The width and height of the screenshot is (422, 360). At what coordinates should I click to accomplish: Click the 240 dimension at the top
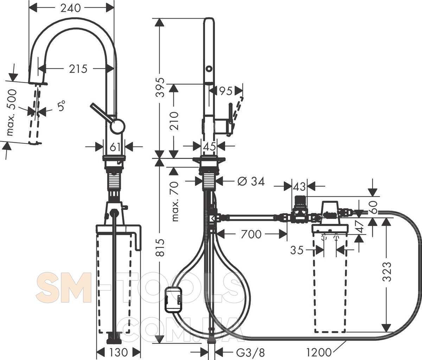click(70, 8)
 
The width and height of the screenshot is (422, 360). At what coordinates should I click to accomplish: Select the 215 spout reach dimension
click(78, 69)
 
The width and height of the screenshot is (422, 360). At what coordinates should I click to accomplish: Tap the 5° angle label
click(61, 106)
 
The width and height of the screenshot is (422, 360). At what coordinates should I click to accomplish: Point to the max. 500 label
click(12, 112)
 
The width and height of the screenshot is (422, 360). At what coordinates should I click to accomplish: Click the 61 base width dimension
click(115, 147)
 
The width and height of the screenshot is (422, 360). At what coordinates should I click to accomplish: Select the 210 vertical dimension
click(174, 121)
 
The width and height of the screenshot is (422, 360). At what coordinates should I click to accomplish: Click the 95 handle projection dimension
click(226, 91)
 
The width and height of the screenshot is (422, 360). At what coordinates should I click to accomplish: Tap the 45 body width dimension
click(210, 146)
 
